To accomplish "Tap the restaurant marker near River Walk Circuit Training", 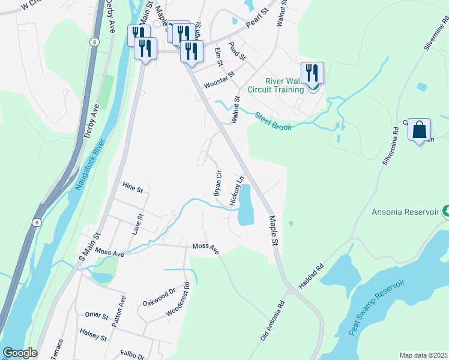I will [312, 73].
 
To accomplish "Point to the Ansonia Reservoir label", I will [406, 212].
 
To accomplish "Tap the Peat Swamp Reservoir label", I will [376, 307].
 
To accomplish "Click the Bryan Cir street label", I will [217, 183].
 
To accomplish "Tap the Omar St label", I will [96, 315].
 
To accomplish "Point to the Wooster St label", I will [218, 77].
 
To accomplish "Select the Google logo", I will [19, 353].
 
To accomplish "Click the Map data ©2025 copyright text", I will [423, 355].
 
